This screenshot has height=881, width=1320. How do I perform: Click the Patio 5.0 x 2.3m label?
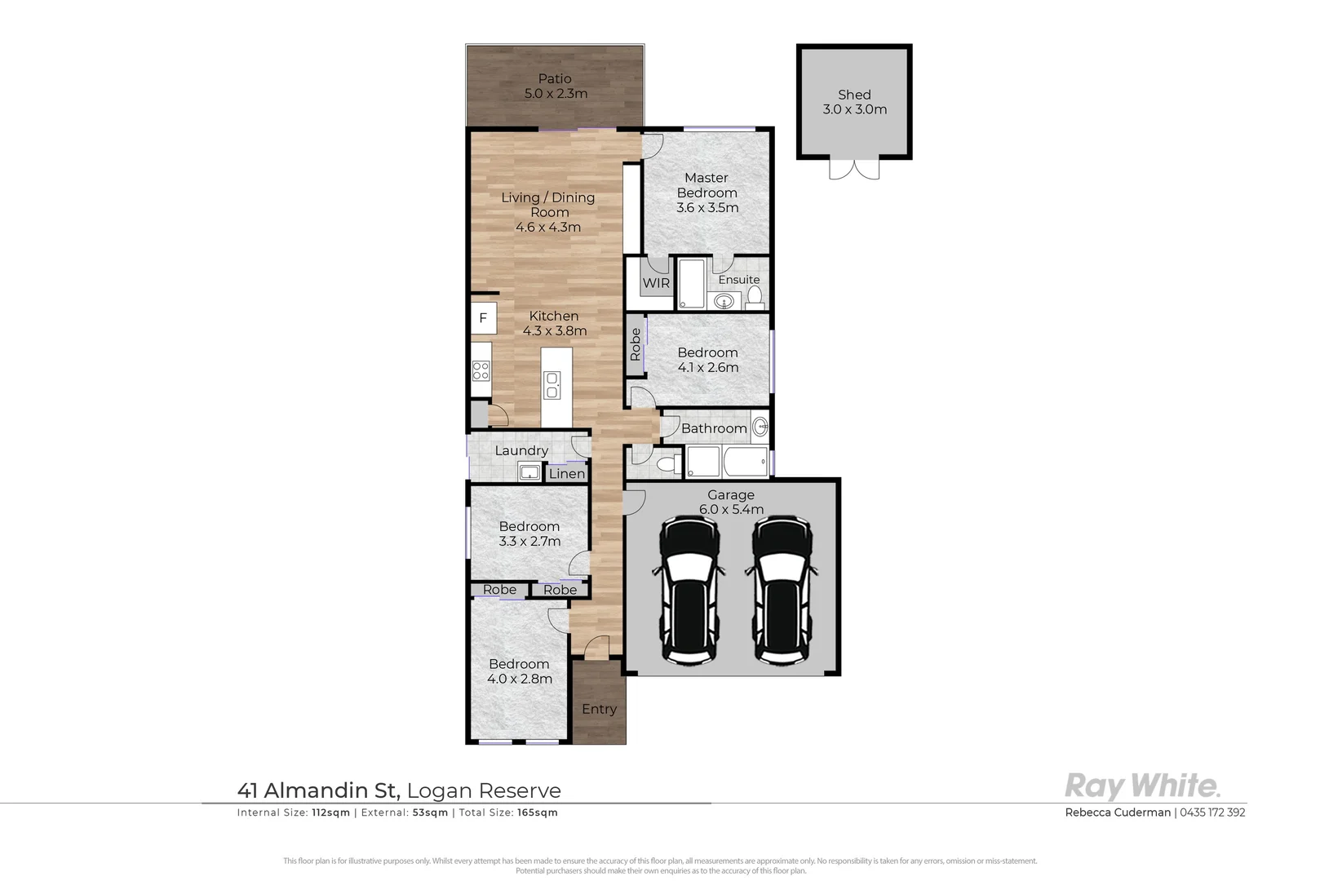tap(555, 86)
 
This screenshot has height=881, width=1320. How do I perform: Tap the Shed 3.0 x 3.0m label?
tap(854, 102)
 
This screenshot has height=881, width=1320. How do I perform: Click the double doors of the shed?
tap(854, 168)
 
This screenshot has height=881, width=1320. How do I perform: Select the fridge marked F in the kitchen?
tap(483, 318)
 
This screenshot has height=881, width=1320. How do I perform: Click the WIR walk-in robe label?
tap(656, 283)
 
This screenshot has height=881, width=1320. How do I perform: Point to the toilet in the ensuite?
tap(755, 297)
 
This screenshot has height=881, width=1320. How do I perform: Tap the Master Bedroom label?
tap(707, 193)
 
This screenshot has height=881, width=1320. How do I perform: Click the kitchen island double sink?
tap(552, 385)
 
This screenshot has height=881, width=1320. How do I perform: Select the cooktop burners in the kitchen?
tap(481, 371)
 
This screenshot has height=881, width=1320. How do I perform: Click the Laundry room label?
tap(521, 450)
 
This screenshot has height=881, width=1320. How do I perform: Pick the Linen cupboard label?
tap(566, 473)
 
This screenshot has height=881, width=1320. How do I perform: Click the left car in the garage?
tap(689, 589)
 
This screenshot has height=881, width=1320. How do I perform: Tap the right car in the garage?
tap(782, 589)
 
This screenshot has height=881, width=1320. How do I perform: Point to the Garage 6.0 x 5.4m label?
tap(731, 502)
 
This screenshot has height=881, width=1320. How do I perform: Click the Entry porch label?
tap(599, 709)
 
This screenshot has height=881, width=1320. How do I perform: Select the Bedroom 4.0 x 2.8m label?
tap(520, 671)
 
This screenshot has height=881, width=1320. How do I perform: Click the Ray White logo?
tap(1142, 786)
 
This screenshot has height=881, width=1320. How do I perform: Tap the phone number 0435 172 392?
tap(1212, 812)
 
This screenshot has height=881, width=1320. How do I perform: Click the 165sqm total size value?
tap(538, 812)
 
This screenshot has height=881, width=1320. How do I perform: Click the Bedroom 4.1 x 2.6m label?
tap(707, 360)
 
